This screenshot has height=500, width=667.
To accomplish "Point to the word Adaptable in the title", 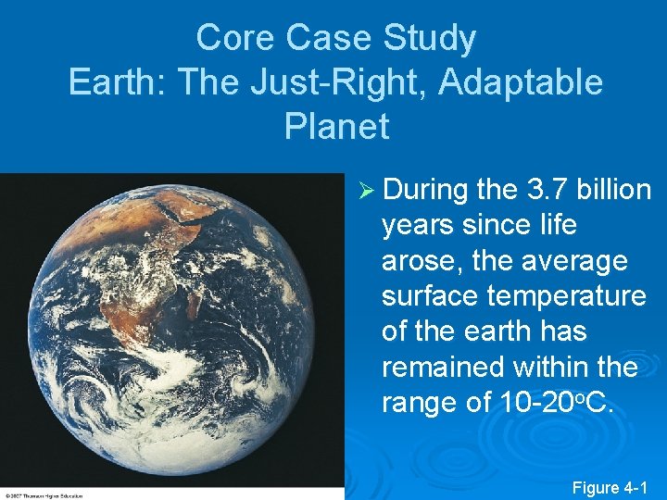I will (522, 82).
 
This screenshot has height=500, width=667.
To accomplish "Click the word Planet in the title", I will (336, 126).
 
